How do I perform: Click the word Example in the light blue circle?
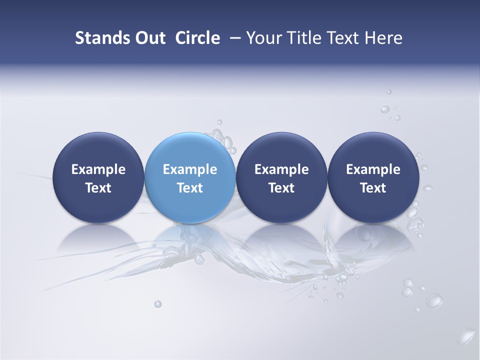tap(190, 169)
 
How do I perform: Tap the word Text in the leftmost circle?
tap(98, 188)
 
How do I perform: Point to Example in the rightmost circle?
tap(373, 169)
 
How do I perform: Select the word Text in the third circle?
tap(281, 188)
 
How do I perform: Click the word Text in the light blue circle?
tap(190, 188)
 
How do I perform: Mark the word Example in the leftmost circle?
tap(98, 169)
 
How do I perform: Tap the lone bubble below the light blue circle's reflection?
tap(158, 303)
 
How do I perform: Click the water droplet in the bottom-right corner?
tap(467, 334)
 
